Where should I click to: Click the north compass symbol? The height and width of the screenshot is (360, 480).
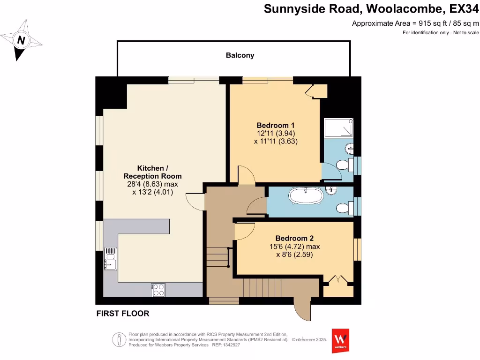(x=21, y=40)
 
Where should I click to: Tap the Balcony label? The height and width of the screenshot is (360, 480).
(x=240, y=55)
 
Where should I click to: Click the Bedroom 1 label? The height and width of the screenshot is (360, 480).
(x=276, y=125)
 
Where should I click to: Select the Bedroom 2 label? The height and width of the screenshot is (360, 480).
(x=294, y=238)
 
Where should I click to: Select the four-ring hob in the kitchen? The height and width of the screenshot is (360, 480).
(x=158, y=290)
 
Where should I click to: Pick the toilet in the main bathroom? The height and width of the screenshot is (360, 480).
(x=344, y=207)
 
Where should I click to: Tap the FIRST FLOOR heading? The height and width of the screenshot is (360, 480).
(x=123, y=313)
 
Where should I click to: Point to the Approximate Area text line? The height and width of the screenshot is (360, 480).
(x=415, y=23)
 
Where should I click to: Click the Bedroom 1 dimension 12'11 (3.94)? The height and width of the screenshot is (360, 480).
(x=276, y=133)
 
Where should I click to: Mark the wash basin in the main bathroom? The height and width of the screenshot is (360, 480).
(x=332, y=190)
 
